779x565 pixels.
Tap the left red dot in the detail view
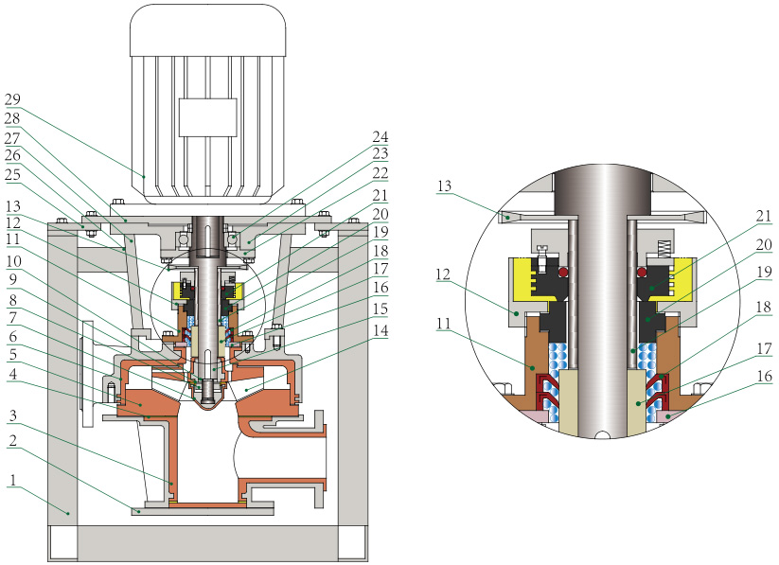(x=565, y=273)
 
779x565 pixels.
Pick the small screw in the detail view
(x=544, y=254)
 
